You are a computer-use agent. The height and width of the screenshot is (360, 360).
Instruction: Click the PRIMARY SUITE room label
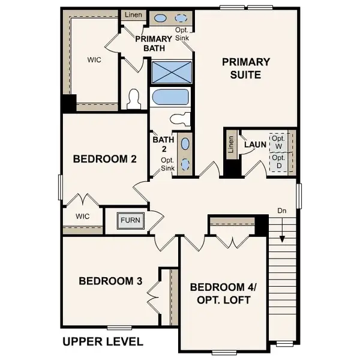click(x=246, y=68)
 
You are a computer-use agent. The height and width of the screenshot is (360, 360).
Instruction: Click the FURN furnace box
click(x=130, y=220)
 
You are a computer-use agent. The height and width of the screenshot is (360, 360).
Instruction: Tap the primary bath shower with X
click(x=172, y=73)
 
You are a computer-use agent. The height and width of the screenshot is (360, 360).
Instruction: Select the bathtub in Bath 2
click(x=171, y=98)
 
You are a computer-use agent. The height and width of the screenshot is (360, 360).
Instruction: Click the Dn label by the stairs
click(x=282, y=211)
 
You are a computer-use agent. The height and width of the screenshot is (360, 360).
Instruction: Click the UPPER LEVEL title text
click(x=103, y=342)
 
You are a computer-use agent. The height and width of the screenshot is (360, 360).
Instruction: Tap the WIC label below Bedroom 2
click(x=83, y=216)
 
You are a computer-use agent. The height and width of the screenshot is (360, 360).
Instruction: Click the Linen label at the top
click(x=132, y=14)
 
